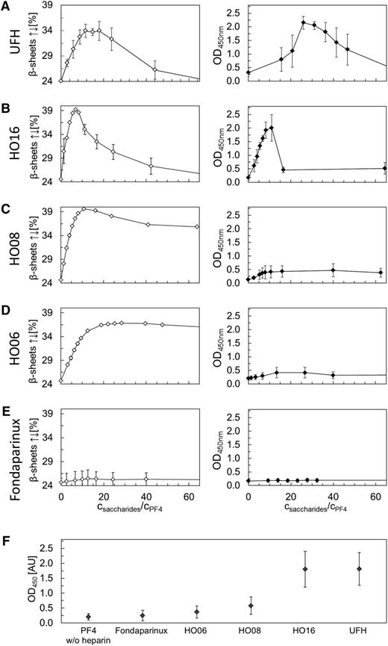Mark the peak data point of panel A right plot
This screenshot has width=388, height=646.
click(x=304, y=22)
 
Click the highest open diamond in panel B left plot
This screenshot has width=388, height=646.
click(x=76, y=110)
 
